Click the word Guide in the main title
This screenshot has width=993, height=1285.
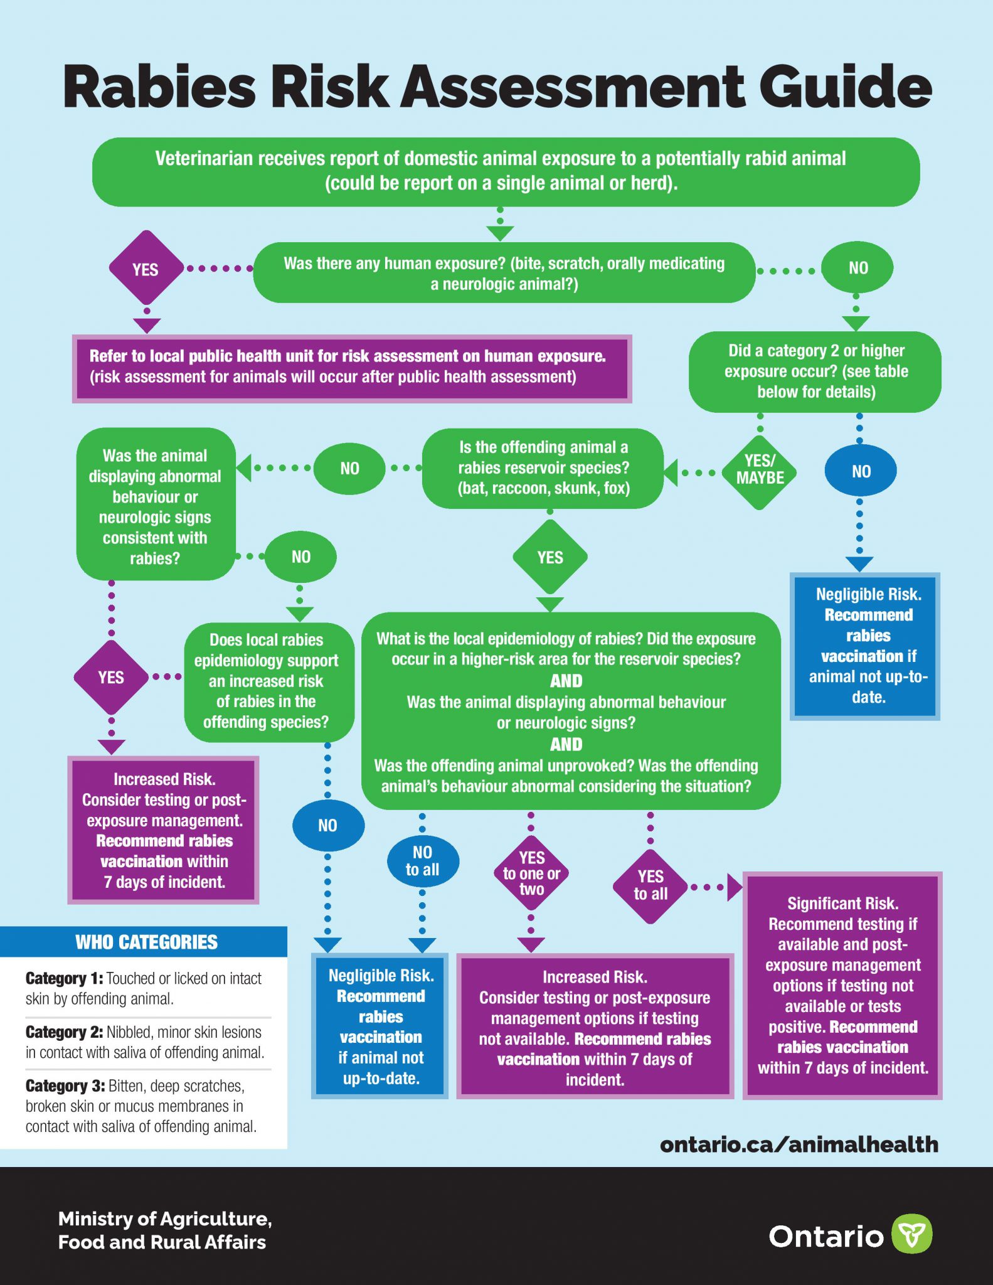(846, 87)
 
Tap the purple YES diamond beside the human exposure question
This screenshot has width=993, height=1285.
(146, 269)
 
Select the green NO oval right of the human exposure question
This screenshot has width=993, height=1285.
(858, 268)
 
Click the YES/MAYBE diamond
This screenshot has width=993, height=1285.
(760, 470)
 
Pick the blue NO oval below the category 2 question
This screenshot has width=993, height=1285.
(861, 471)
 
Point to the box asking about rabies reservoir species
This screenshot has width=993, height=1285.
(543, 468)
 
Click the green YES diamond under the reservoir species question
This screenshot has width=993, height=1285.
(550, 557)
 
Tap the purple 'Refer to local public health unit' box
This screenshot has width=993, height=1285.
(351, 368)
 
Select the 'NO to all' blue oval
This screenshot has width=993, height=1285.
(422, 861)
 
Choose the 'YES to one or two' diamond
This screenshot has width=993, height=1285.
(531, 873)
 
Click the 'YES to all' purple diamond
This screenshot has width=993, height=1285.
(650, 885)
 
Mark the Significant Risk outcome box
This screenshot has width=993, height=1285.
(842, 985)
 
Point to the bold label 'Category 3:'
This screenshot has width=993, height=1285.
(65, 1086)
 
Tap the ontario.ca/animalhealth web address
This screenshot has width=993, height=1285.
(799, 1144)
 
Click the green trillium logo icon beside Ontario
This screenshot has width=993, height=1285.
(911, 1234)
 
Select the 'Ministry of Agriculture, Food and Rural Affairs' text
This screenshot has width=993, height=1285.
(164, 1230)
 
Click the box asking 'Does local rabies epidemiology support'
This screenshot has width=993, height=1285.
(266, 681)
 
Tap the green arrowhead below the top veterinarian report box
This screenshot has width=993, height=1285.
(500, 233)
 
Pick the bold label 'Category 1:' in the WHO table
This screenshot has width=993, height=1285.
(64, 979)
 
